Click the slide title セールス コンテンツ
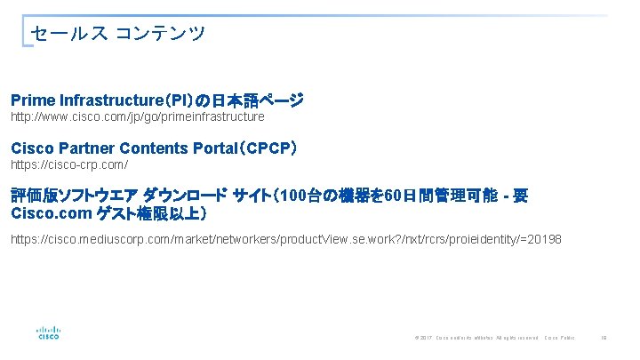pyautogui.click(x=117, y=34)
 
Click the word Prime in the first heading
pyautogui.click(x=33, y=100)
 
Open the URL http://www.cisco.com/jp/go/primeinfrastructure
pyautogui.click(x=137, y=116)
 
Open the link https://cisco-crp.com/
pyautogui.click(x=69, y=165)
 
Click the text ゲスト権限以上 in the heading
pyautogui.click(x=158, y=214)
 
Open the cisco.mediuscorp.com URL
pyautogui.click(x=285, y=240)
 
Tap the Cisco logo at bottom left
pyautogui.click(x=48, y=331)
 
